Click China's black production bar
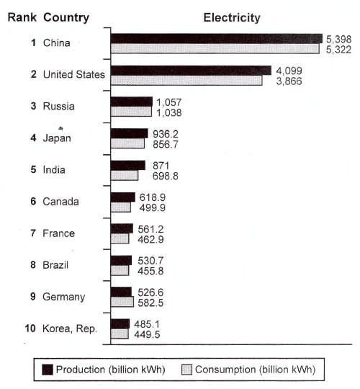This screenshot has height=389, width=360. (216, 38)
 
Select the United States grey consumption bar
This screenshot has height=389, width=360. (186, 81)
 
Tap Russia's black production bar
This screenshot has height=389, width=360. (131, 102)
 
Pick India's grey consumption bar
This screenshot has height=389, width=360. (124, 175)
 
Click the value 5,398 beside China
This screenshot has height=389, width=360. (338, 37)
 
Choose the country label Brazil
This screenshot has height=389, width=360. (56, 265)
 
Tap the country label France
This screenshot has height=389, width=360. (58, 233)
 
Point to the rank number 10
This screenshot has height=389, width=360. (30, 328)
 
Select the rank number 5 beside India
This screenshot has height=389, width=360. (33, 170)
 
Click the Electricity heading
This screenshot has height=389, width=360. (232, 17)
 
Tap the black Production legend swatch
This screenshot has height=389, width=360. (48, 370)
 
